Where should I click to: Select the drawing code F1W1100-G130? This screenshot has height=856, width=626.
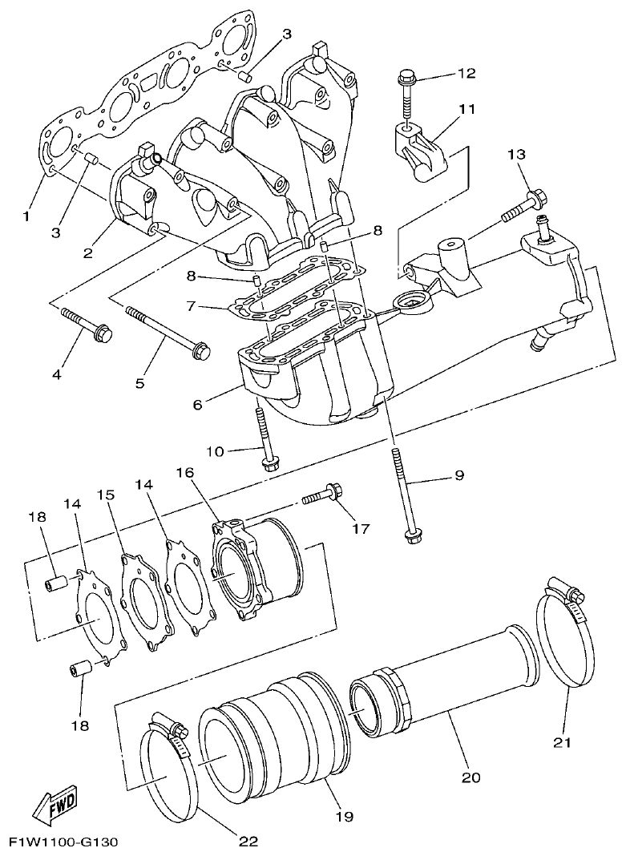click(x=63, y=842)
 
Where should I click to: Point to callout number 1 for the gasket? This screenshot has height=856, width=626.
click(x=27, y=216)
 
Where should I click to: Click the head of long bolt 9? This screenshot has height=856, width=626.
click(x=414, y=537)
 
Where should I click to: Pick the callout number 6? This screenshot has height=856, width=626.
click(x=197, y=405)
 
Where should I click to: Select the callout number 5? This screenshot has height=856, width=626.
click(x=139, y=383)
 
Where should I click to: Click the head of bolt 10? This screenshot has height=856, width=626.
click(x=267, y=464)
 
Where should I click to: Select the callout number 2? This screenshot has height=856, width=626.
click(x=87, y=252)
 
